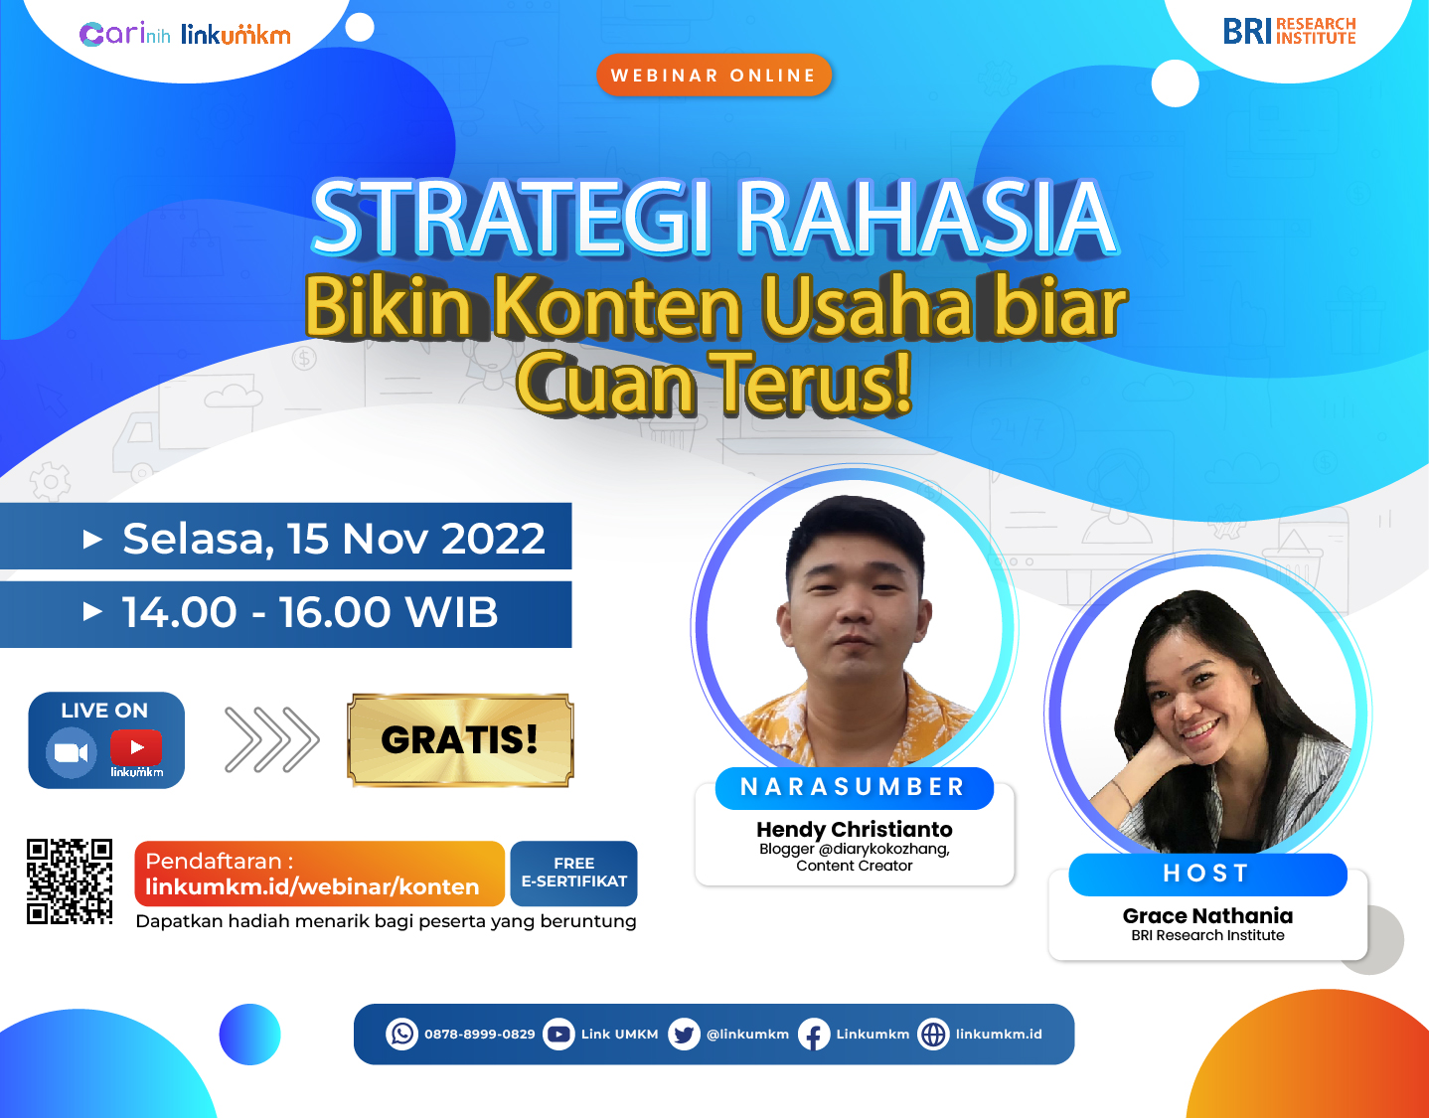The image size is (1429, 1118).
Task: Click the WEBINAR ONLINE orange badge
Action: coord(714,75)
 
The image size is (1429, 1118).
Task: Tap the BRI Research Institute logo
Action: coord(1289,31)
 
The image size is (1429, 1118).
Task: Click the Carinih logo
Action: coord(124,34)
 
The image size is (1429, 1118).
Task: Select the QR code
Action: coord(69,881)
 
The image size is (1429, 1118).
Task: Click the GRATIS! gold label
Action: coord(460,739)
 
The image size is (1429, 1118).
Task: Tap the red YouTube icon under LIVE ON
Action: coord(136,747)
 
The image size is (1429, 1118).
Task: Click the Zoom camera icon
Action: coord(71,752)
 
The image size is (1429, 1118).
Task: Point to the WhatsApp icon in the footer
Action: coord(401,1034)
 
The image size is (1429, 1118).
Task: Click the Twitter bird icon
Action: coord(684,1035)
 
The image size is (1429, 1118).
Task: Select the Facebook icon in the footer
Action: coord(814,1035)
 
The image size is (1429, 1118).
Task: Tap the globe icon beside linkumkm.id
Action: coord(933,1035)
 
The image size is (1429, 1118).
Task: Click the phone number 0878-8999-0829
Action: coord(479,1035)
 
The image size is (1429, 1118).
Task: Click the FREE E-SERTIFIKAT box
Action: coord(573,873)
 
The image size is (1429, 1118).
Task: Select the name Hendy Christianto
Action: coord(855,829)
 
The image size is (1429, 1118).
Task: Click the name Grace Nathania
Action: coord(1207,915)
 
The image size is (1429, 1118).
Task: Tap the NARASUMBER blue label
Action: coord(855,787)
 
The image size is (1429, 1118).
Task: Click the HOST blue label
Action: coord(1207,874)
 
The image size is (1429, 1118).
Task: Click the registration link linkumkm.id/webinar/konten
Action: coord(312,886)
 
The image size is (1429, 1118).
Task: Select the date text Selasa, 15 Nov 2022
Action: coord(334,538)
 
